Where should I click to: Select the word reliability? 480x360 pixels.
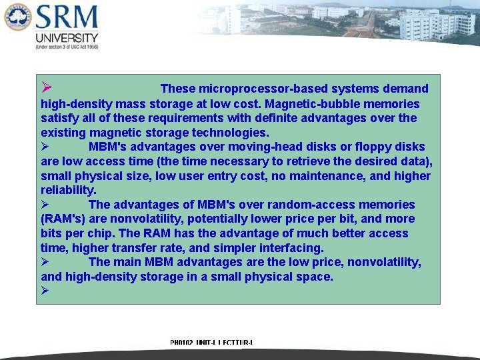click(68, 190)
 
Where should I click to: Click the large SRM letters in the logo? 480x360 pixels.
click(67, 19)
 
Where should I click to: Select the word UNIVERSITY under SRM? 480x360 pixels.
click(67, 38)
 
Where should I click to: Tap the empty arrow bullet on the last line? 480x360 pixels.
click(45, 291)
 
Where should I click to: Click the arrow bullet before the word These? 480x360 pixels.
click(45, 88)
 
